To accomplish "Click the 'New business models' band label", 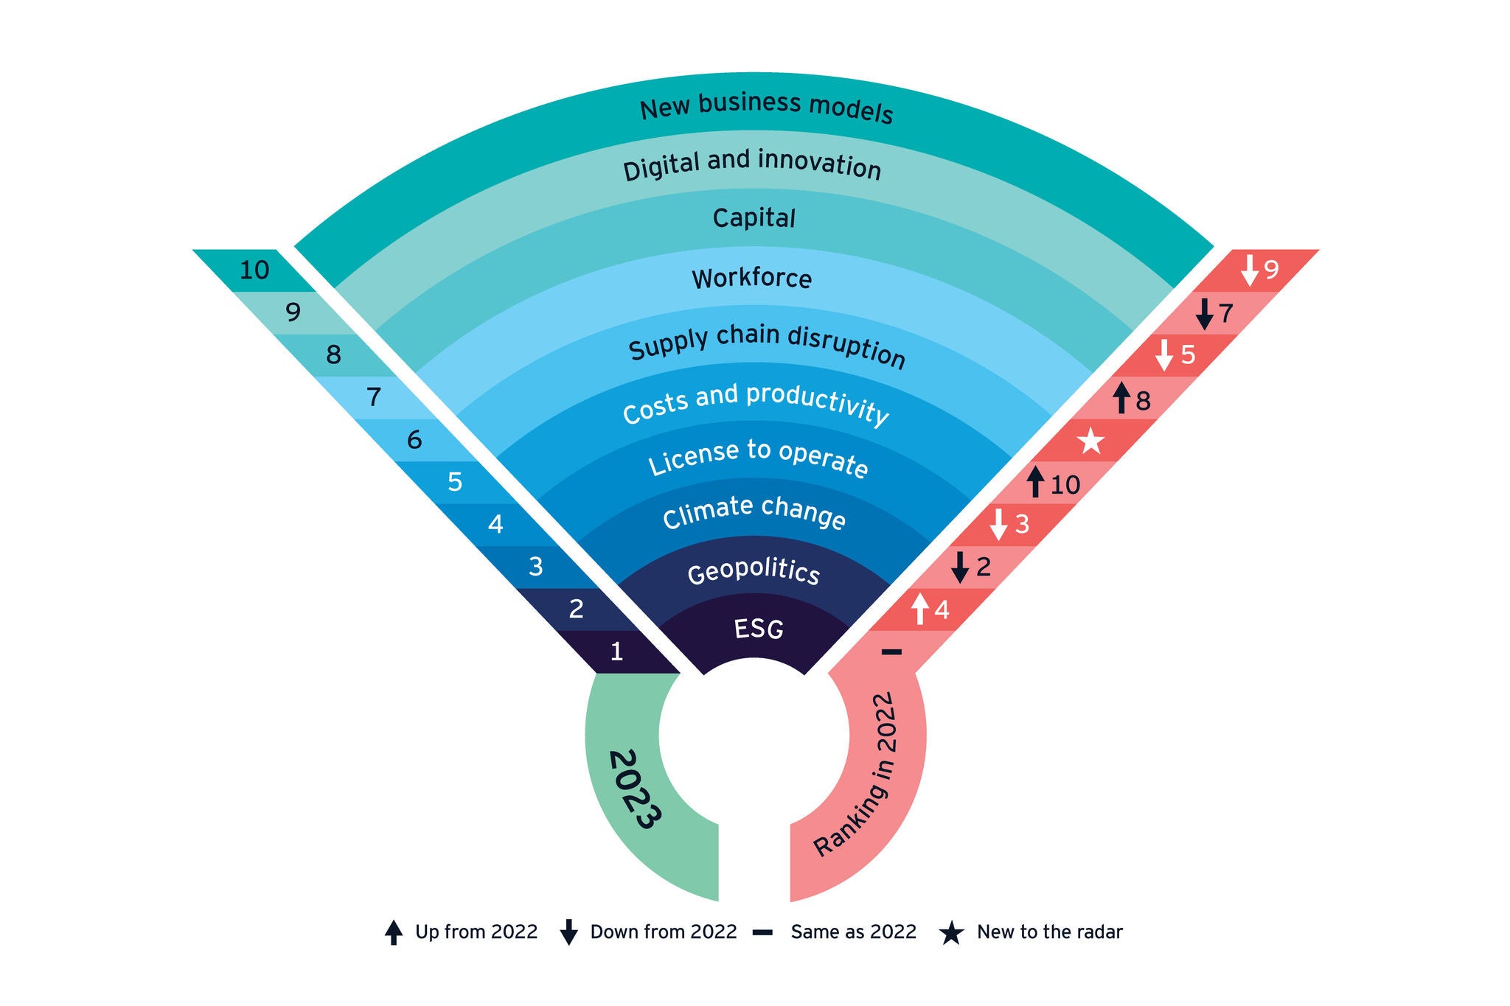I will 766,108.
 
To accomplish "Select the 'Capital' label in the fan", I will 754,218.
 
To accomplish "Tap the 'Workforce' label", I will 751,279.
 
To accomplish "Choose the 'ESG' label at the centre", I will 758,629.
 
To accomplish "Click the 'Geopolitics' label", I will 753,573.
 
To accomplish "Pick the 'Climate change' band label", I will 754,512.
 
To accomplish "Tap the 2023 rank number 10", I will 254,270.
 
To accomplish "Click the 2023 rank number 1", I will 616,652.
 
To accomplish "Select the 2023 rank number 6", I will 414,441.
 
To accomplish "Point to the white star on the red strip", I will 1090,441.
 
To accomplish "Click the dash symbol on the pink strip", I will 891,652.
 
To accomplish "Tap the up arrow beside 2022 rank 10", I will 1036,482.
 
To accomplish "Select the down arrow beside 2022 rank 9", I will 1249,270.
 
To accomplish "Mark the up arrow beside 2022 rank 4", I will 919,609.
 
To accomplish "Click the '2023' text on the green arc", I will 633,789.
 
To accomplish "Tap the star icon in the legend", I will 951,933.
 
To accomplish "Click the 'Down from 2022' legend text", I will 663,932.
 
